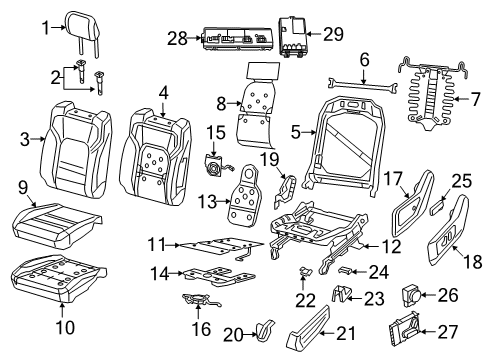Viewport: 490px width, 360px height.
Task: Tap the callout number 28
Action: pos(176,38)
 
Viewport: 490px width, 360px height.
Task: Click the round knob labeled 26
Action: pos(408,294)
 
